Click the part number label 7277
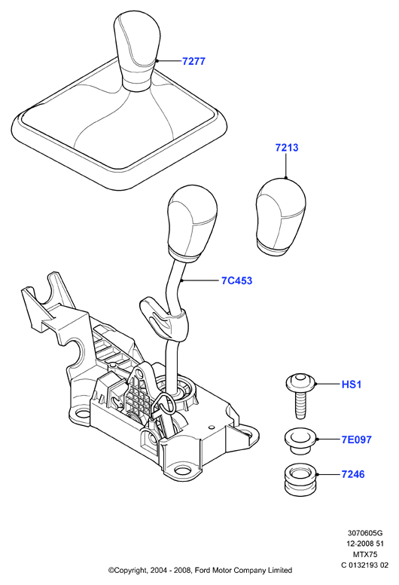[x=193, y=61]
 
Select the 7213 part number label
[x=287, y=148]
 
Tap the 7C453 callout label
[x=236, y=280]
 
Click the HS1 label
[x=352, y=384]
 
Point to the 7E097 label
[x=357, y=440]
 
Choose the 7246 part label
[x=353, y=474]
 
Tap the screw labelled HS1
[x=301, y=395]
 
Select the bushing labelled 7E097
[x=300, y=440]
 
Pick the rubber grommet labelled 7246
[x=300, y=479]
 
